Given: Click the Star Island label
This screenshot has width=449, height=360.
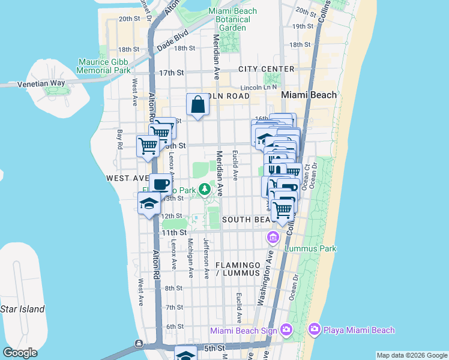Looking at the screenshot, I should pyautogui.click(x=22, y=309).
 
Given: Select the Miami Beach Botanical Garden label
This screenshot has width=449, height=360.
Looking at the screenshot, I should pyautogui.click(x=232, y=20).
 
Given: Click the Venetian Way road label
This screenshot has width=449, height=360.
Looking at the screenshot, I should pyautogui.click(x=41, y=83).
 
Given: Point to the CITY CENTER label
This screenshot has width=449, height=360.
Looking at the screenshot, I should pyautogui.click(x=266, y=69).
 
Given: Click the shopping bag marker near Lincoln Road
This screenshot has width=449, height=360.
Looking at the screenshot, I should pyautogui.click(x=198, y=105).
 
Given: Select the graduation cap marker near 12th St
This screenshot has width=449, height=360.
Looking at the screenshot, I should pyautogui.click(x=149, y=203).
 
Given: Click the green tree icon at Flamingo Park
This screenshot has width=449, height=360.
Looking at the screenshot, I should pyautogui.click(x=205, y=190).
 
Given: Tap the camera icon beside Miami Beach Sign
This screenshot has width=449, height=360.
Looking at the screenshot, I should pyautogui.click(x=286, y=329).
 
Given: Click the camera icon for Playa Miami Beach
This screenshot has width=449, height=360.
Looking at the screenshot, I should pyautogui.click(x=314, y=329).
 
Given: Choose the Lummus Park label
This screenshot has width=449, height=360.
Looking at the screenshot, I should pyautogui.click(x=310, y=248).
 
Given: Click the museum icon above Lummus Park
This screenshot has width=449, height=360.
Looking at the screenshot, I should pyautogui.click(x=274, y=238).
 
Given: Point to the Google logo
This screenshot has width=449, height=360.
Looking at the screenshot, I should pyautogui.click(x=20, y=353).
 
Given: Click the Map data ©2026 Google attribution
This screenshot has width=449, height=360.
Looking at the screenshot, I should pyautogui.click(x=411, y=355).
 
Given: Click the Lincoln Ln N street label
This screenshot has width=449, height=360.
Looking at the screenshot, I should pyautogui.click(x=257, y=88).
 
